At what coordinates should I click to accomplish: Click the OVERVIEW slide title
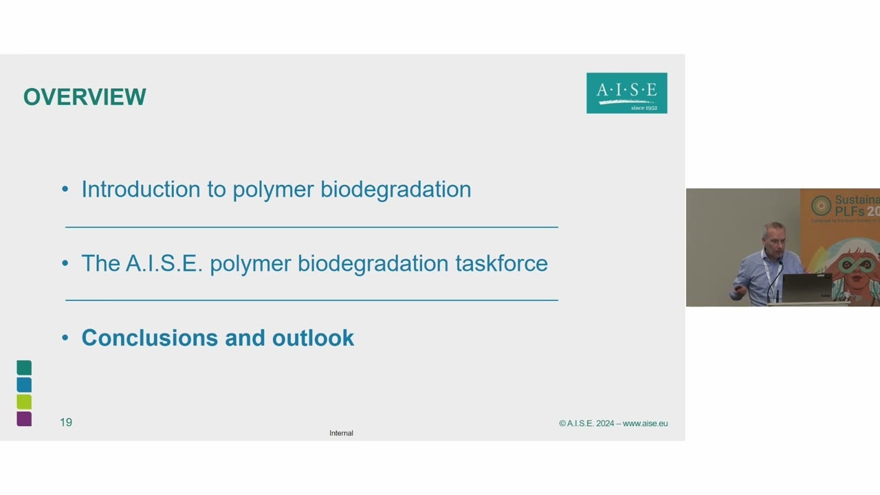pos(85,97)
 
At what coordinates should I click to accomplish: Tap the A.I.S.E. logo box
pos(626,93)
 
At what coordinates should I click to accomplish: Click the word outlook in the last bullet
pos(313,338)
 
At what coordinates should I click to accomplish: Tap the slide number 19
pos(66,422)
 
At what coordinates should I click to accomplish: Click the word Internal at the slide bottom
pos(341,433)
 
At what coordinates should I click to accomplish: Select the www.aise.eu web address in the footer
pos(645,423)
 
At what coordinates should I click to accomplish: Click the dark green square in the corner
pos(24,368)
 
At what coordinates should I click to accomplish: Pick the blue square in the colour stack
pos(24,384)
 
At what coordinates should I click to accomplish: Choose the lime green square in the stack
pos(24,401)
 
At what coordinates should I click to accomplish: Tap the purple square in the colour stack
pos(24,419)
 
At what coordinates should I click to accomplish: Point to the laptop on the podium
pos(806,287)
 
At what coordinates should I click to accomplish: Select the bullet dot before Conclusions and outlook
pos(65,338)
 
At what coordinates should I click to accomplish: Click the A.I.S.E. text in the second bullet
pos(164,263)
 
